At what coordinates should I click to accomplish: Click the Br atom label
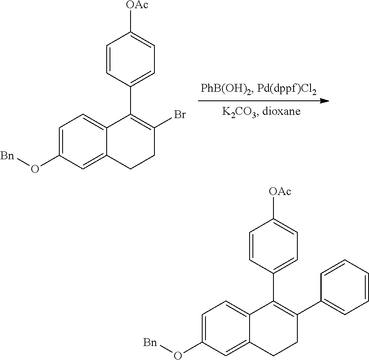point(180,115)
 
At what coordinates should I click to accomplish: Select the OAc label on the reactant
point(137,5)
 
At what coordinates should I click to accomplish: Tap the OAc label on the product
point(280,191)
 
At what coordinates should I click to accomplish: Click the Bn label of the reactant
point(7,156)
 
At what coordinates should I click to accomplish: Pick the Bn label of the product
point(150,343)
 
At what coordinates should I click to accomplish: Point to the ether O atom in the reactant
point(35,169)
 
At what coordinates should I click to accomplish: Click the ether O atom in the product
point(177,355)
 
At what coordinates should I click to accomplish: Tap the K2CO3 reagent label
point(239,111)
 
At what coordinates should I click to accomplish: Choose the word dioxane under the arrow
point(281,111)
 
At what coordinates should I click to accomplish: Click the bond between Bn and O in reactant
point(23,163)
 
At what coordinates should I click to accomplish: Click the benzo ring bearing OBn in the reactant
point(83,142)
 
